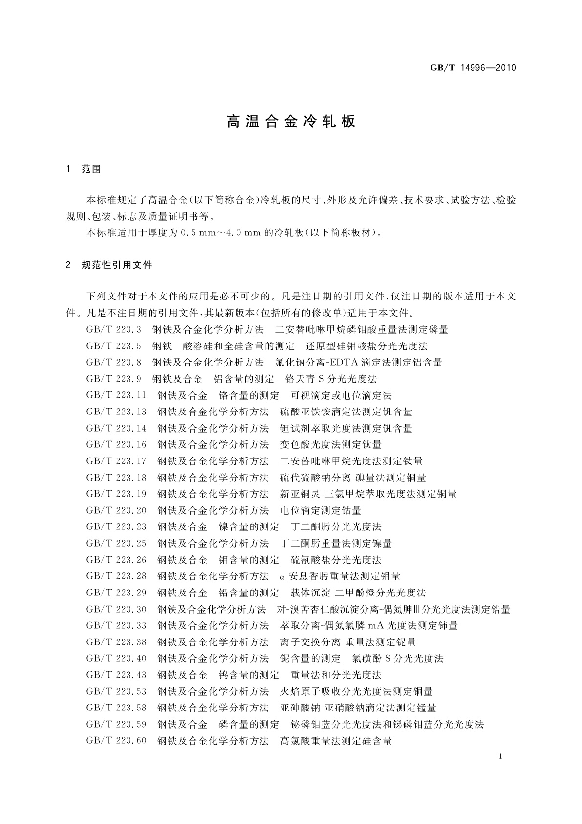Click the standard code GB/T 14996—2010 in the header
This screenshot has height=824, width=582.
pyautogui.click(x=473, y=68)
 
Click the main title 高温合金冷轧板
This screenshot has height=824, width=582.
pyautogui.click(x=291, y=122)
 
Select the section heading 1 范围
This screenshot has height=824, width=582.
pyautogui.click(x=84, y=169)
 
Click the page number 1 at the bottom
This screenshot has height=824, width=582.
pyautogui.click(x=500, y=756)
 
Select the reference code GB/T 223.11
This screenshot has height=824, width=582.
pyautogui.click(x=116, y=395)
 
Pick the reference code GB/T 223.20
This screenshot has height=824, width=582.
pyautogui.click(x=116, y=511)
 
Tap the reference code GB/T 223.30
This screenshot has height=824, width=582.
pyautogui.click(x=116, y=609)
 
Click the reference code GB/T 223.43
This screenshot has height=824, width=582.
pyautogui.click(x=116, y=675)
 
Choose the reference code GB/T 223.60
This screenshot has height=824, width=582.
pyautogui.click(x=116, y=741)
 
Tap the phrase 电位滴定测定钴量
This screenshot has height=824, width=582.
pyautogui.click(x=321, y=511)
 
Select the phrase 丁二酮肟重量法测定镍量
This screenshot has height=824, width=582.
pyautogui.click(x=336, y=544)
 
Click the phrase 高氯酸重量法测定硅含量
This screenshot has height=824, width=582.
pyautogui.click(x=336, y=741)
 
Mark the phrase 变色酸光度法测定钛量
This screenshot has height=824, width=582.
pyautogui.click(x=331, y=445)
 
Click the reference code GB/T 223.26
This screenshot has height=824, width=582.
pyautogui.click(x=116, y=560)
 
